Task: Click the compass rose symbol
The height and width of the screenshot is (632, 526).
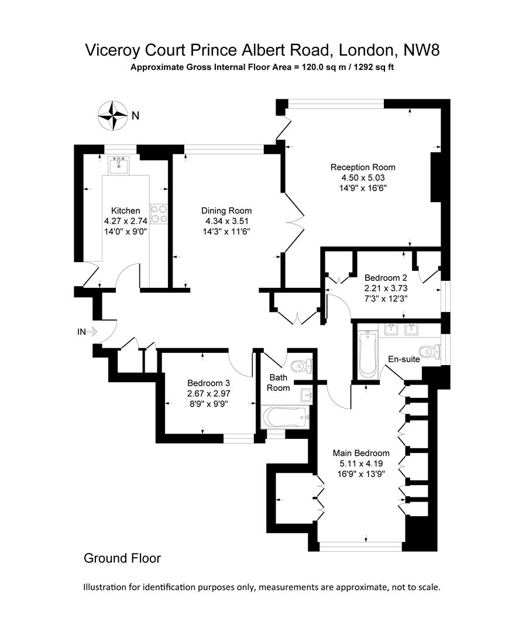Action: pos(112,115)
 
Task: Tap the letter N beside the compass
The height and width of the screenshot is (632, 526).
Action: pos(135,116)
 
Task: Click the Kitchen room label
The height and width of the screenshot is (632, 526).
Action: pos(126,211)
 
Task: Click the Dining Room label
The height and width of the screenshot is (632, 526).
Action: pos(226,211)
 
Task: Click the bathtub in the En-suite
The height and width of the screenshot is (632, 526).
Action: pos(367,355)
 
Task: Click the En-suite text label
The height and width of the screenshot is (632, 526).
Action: pos(404,359)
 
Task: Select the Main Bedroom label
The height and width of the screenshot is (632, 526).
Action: pos(361,453)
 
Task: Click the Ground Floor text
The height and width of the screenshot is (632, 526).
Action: pos(122,558)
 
